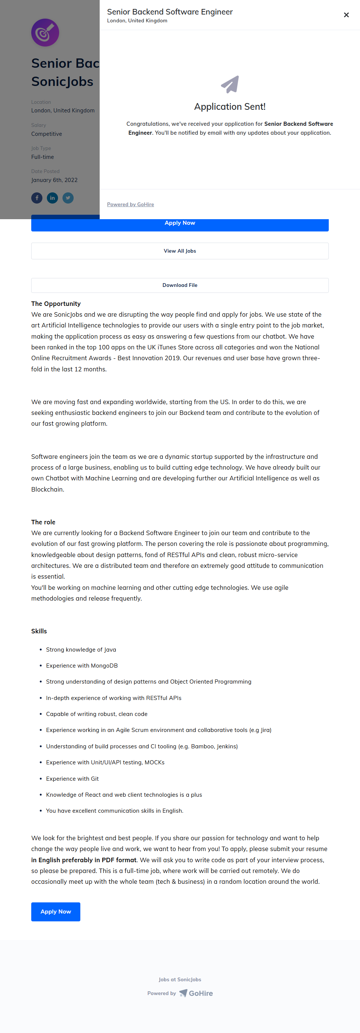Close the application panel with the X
[346, 15]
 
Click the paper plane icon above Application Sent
[230, 84]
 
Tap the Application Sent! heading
[230, 107]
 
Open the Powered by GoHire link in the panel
[130, 205]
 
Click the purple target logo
[45, 32]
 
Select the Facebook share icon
[37, 198]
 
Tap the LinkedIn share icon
[52, 198]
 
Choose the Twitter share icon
[68, 198]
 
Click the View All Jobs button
[180, 251]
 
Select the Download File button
[180, 285]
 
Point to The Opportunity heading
[56, 304]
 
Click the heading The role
[43, 522]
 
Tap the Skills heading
[39, 631]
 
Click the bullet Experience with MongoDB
[82, 665]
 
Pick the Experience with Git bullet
[72, 778]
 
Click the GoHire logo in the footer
[196, 993]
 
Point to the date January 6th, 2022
[55, 180]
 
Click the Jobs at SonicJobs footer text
[180, 979]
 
